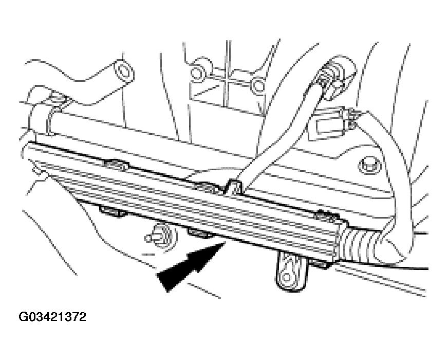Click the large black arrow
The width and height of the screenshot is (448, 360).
[x=191, y=266]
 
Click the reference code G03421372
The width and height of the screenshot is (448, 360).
[x=52, y=317]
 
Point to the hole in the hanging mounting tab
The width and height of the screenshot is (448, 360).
[x=286, y=277]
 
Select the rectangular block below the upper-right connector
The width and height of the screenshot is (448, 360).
[x=332, y=124]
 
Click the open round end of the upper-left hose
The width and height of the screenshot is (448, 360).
[x=124, y=71]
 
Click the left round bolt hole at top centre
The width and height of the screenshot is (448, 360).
[x=197, y=73]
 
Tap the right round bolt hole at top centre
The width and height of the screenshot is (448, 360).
[x=258, y=85]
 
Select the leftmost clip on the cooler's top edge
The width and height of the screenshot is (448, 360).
[x=116, y=165]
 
